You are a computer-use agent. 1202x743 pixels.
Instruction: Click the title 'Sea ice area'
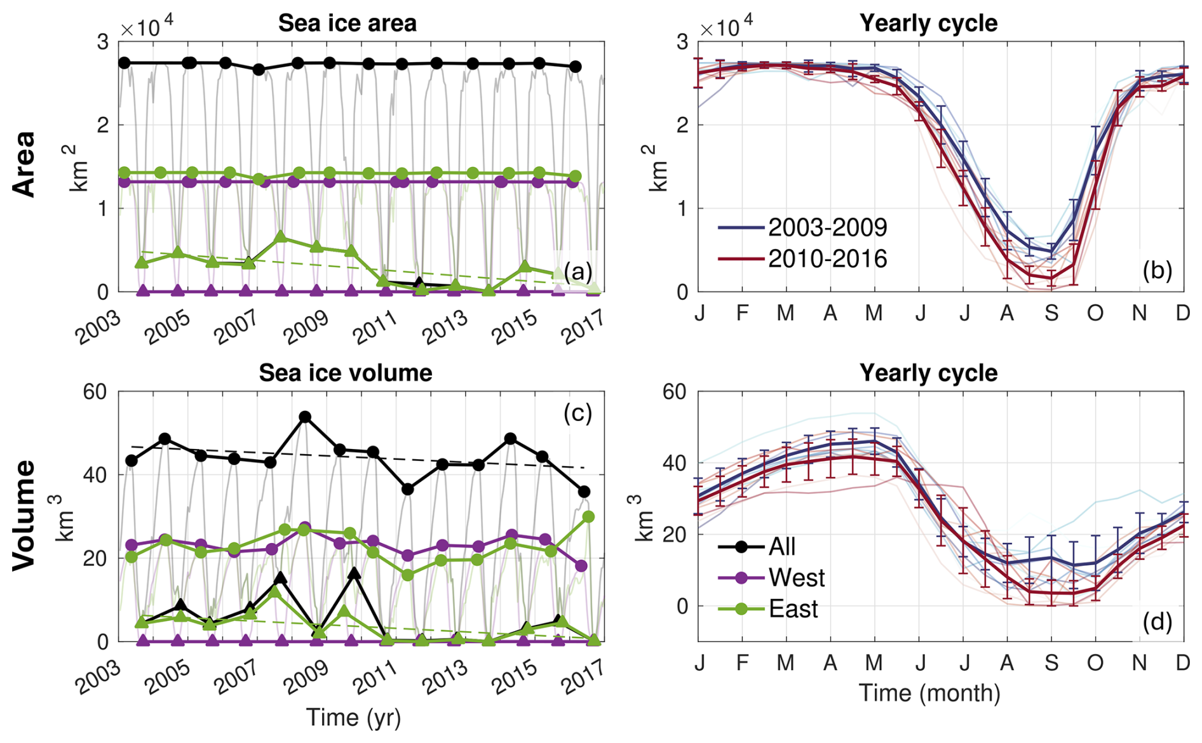click(347, 23)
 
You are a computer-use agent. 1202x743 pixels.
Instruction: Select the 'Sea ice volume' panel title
click(345, 373)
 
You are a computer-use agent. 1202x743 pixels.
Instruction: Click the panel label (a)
click(577, 272)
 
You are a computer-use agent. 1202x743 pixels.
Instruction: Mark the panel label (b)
click(1157, 271)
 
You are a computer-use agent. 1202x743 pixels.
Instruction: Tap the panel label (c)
click(577, 413)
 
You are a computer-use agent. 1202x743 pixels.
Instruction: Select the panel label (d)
click(1157, 622)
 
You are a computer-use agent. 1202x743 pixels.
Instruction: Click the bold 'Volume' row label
click(24, 515)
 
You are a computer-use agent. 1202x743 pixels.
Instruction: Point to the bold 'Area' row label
click(24, 164)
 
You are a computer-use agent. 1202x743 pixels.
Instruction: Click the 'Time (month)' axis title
click(929, 693)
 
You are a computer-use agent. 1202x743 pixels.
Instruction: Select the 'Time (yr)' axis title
click(353, 718)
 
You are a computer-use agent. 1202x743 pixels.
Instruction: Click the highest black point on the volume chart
click(305, 417)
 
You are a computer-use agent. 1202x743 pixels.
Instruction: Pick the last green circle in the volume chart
click(588, 517)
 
